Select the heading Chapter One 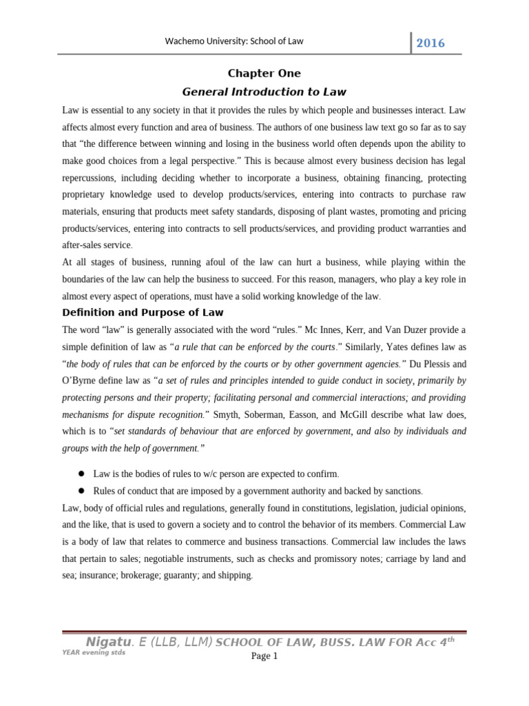click(264, 74)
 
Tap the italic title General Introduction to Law click(264, 92)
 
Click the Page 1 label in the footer click(264, 656)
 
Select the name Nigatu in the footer click(107, 642)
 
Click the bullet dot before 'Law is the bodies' click(81, 473)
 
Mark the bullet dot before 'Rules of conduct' click(81, 490)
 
